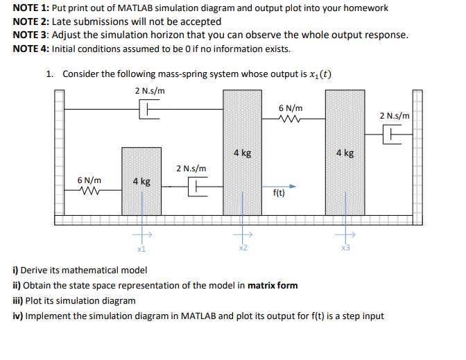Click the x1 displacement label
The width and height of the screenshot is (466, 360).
tap(141, 248)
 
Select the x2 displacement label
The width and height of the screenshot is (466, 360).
tap(242, 248)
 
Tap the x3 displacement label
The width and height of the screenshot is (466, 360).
tap(345, 248)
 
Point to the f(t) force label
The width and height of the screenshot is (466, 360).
tap(278, 194)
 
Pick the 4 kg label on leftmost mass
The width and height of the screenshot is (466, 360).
tap(141, 181)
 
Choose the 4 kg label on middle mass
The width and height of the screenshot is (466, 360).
tap(242, 153)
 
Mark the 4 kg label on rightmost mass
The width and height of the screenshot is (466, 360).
tap(345, 153)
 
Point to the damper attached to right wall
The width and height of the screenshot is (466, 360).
tap(392, 135)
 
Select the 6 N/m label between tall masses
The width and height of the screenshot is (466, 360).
tap(290, 108)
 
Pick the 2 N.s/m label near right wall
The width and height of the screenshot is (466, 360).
tap(395, 116)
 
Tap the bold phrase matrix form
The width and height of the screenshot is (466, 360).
tap(273, 285)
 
